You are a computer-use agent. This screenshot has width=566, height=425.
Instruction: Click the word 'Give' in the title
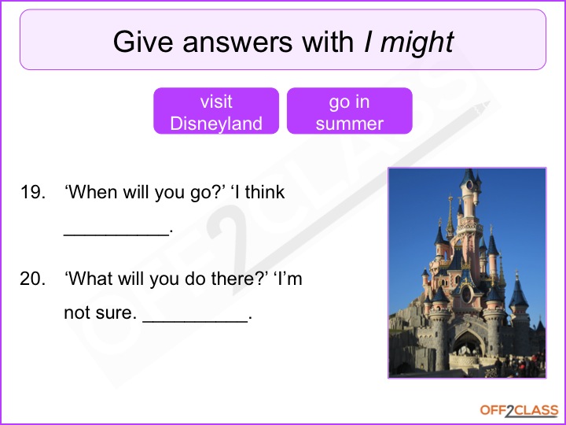tap(143, 42)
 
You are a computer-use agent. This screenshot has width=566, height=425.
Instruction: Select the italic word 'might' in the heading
tap(417, 42)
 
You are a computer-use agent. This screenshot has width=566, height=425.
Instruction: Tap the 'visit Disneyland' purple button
tap(216, 111)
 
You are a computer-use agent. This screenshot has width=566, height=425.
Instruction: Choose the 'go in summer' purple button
tap(349, 111)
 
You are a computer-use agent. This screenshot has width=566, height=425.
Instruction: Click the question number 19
tap(33, 192)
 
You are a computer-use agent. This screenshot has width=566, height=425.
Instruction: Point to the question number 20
tap(33, 279)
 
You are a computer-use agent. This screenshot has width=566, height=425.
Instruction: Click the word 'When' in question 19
tap(92, 192)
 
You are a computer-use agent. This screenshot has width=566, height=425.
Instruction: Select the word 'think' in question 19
tap(266, 192)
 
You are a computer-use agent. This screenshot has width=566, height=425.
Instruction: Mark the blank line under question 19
tap(116, 235)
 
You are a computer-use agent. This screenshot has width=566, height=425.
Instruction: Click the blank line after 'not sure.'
tap(195, 320)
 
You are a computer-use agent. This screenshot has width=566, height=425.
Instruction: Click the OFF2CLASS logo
tap(519, 411)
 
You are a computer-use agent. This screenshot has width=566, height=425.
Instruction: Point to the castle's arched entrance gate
tap(469, 342)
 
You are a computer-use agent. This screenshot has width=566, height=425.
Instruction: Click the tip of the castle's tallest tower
tap(469, 169)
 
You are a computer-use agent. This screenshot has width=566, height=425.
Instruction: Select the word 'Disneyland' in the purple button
tap(216, 124)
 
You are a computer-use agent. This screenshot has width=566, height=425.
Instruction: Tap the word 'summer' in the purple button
tap(349, 124)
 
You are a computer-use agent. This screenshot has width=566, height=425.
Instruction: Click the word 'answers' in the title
tap(237, 42)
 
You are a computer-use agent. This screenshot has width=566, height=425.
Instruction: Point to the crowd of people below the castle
tap(520, 364)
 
